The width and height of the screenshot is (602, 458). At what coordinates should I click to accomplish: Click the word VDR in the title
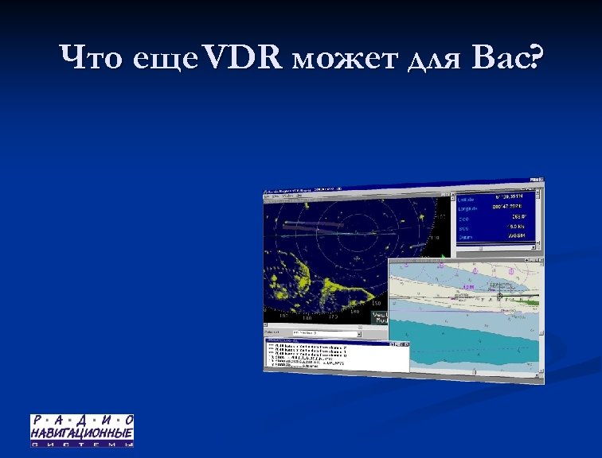coord(243,58)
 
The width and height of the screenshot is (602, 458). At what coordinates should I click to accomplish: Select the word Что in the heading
coord(90,58)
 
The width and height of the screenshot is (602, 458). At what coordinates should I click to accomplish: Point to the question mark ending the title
coord(530,58)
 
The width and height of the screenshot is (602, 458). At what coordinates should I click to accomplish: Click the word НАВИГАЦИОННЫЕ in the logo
coord(82,433)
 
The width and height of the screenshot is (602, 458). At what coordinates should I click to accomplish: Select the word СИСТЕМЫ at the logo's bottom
coord(82,444)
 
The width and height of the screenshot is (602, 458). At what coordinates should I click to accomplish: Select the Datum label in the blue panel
coord(465,237)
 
